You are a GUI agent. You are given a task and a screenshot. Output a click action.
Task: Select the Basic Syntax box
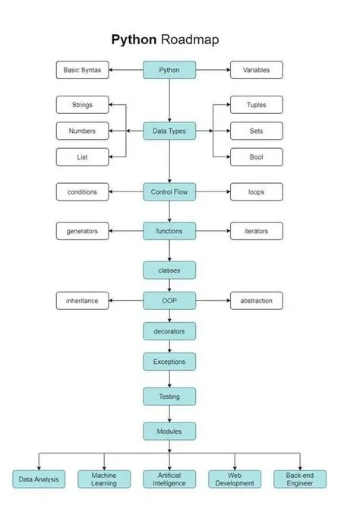(x=83, y=71)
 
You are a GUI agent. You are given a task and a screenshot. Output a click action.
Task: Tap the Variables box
(x=257, y=71)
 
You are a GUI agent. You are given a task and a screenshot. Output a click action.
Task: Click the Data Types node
(x=169, y=131)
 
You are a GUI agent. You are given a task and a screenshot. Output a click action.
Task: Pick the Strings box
(x=83, y=105)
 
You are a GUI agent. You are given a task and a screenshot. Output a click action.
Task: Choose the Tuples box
(x=257, y=105)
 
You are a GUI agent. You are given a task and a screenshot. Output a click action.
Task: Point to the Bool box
(x=257, y=157)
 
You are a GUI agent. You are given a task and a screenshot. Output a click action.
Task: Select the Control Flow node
(x=169, y=192)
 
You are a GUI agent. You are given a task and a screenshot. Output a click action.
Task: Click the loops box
(x=257, y=192)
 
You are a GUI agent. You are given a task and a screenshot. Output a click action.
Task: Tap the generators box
(x=83, y=231)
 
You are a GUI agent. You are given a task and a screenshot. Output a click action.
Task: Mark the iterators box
(x=257, y=231)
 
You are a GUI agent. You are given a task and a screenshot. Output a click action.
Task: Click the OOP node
(x=169, y=301)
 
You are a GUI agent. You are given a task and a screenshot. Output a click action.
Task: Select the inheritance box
(x=83, y=301)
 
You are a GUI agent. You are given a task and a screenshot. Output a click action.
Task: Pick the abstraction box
(x=257, y=301)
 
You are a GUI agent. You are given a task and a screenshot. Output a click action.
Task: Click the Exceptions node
(x=169, y=362)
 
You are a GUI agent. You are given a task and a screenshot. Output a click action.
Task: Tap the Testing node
(x=169, y=396)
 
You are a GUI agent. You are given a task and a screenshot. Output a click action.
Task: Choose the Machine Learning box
(x=104, y=479)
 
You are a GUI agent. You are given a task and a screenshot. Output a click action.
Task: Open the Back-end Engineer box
(x=299, y=479)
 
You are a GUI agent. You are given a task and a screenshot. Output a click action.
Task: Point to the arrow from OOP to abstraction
(x=213, y=301)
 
